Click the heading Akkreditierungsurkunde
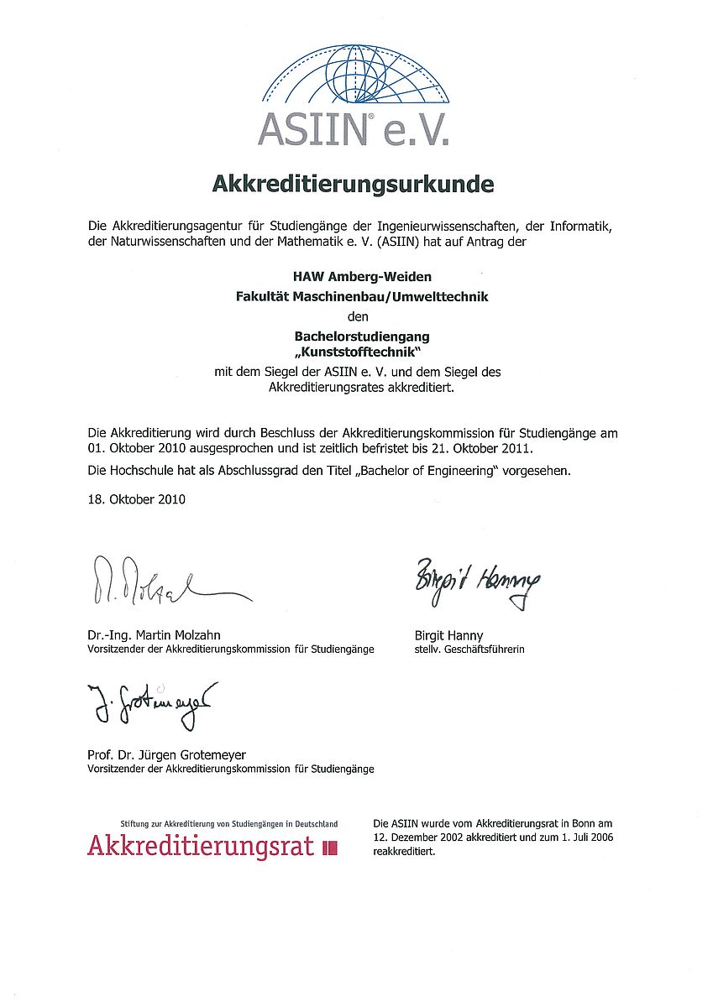click(353, 183)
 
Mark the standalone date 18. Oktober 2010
click(136, 499)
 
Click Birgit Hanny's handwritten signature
click(477, 581)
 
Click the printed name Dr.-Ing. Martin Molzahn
click(154, 635)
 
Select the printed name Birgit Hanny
click(448, 635)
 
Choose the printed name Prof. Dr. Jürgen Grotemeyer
click(166, 754)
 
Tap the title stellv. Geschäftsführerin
click(469, 650)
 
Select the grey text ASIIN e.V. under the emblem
click(353, 128)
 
